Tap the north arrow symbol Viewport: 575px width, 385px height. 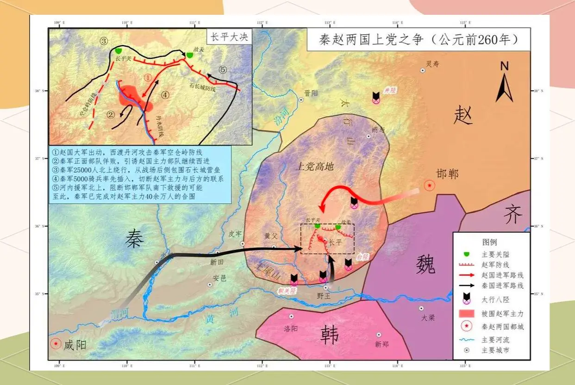pyautogui.click(x=504, y=83)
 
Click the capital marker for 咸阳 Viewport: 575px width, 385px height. pyautogui.click(x=56, y=344)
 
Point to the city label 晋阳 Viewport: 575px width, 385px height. pyautogui.click(x=312, y=93)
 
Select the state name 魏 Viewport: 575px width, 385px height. pyautogui.click(x=425, y=264)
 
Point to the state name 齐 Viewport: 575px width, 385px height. pyautogui.click(x=512, y=215)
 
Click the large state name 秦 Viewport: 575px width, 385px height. pyautogui.click(x=134, y=239)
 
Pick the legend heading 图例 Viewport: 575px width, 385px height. pyautogui.click(x=490, y=242)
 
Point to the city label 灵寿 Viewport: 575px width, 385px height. pyautogui.click(x=432, y=64)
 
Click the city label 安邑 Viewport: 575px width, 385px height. pyautogui.click(x=219, y=279)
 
